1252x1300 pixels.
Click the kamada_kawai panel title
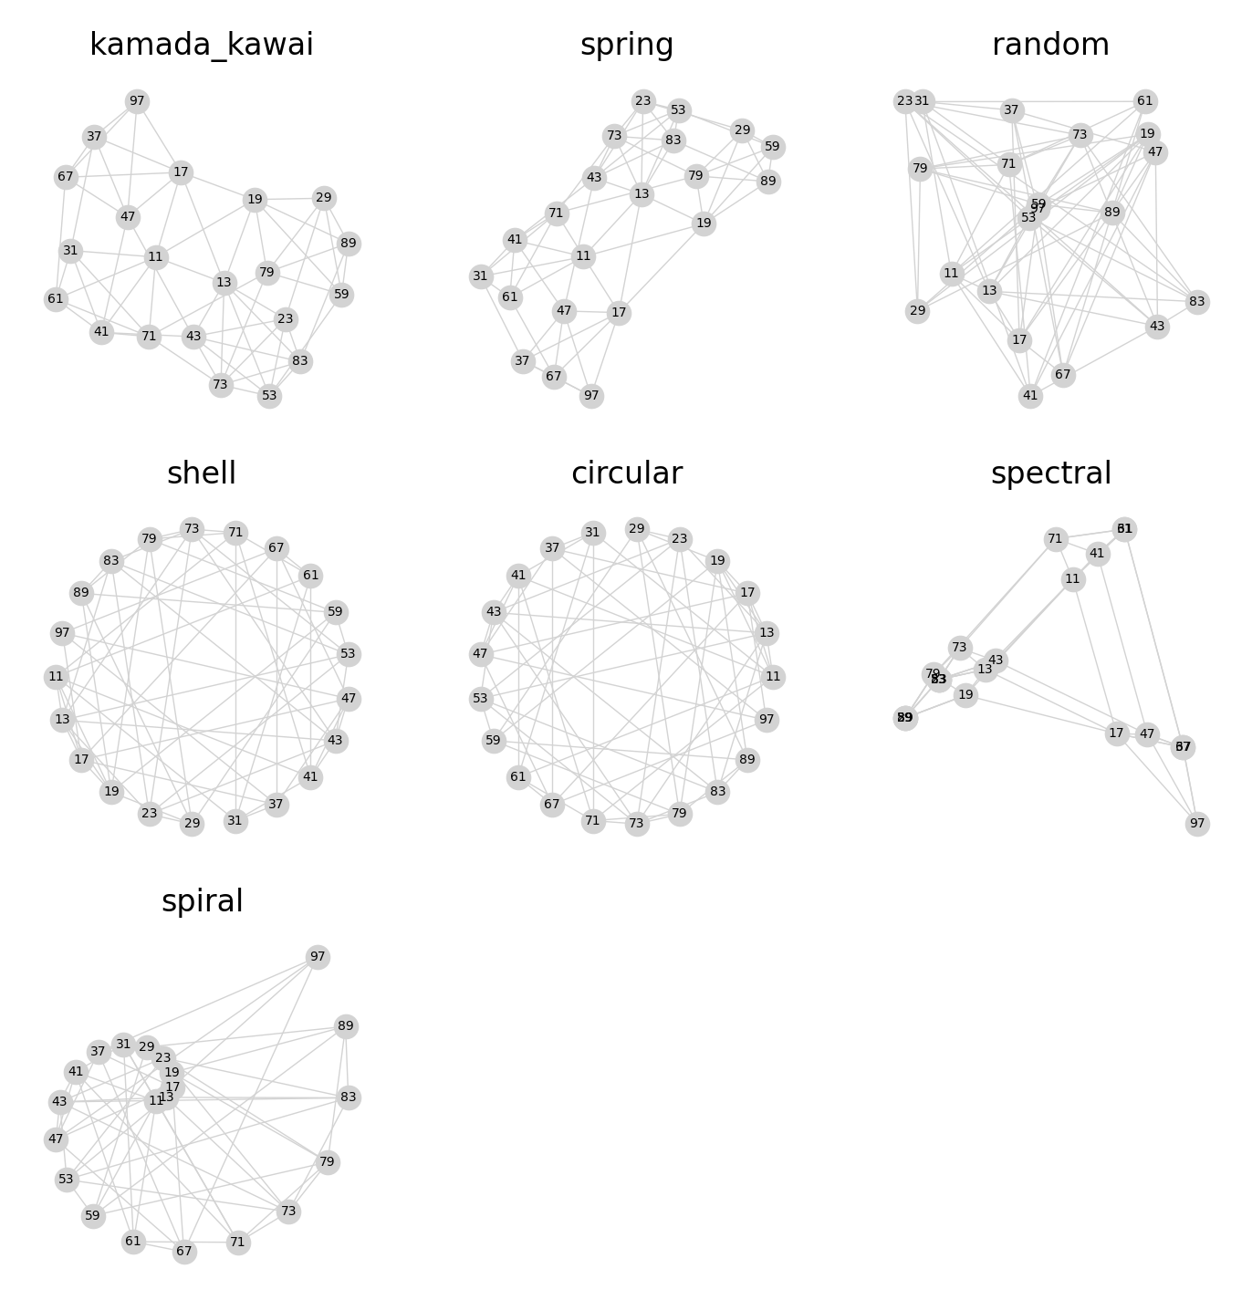pos(202,45)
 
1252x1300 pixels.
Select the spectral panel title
pos(1050,473)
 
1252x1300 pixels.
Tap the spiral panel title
pos(202,901)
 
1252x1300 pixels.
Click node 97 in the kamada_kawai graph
pos(137,101)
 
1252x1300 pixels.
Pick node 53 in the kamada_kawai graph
pos(269,396)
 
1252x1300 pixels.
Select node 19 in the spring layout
pos(704,224)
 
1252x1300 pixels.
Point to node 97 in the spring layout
pos(591,396)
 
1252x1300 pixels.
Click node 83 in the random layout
pos(1197,302)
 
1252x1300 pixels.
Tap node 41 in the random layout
pos(1030,396)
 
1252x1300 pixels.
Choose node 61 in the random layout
pos(1145,101)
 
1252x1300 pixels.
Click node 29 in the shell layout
pos(192,824)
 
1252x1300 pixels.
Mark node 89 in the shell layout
pos(81,593)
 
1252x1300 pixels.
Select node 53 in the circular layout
pos(480,699)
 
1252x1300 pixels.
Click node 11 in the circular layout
pos(773,677)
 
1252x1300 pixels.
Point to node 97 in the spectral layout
pos(1197,824)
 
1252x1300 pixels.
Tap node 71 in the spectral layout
pos(1056,539)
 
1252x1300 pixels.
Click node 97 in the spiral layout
pos(318,957)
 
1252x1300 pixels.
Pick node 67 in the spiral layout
pos(184,1252)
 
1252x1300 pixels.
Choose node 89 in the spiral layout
pos(345,1026)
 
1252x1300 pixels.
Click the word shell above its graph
pos(202,473)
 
